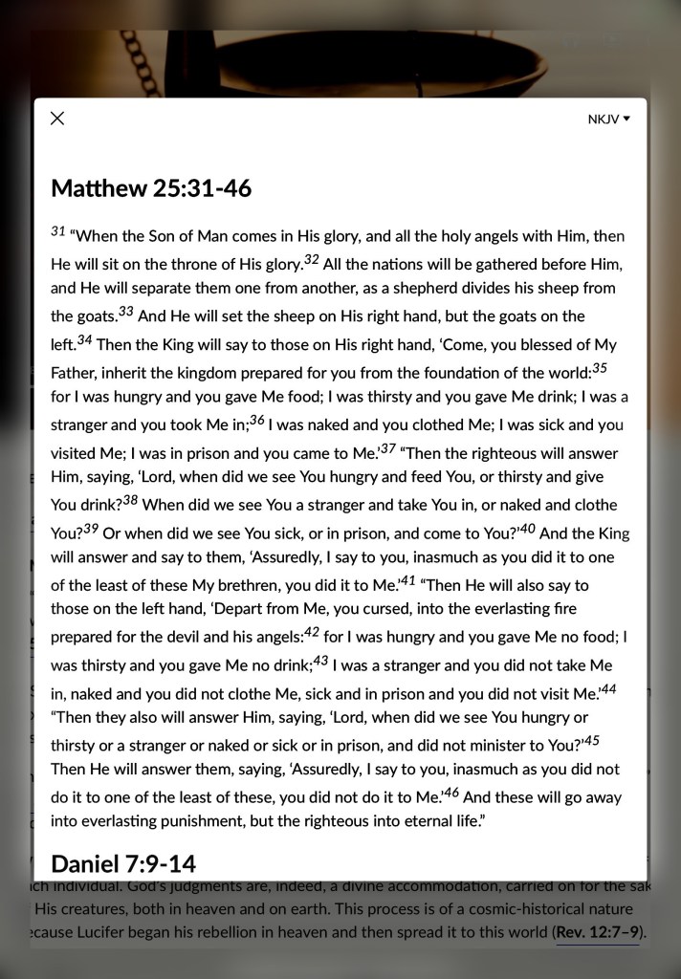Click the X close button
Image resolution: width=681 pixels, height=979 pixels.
57,119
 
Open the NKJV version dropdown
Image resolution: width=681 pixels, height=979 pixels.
609,120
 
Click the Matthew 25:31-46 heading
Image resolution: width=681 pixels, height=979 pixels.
151,188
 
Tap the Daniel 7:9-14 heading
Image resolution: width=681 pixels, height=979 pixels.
123,864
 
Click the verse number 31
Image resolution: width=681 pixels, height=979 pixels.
57,231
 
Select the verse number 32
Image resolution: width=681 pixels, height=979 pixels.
311,259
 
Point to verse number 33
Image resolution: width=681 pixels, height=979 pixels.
126,312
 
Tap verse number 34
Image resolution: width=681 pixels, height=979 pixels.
84,339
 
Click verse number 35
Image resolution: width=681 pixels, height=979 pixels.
600,367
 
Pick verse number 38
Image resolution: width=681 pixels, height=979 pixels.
130,499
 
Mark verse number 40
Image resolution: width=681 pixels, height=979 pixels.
527,528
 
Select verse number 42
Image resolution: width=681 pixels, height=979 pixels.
311,632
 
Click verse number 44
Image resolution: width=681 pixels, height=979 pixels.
608,688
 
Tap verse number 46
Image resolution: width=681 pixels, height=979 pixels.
451,792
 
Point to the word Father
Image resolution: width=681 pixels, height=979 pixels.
74,371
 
